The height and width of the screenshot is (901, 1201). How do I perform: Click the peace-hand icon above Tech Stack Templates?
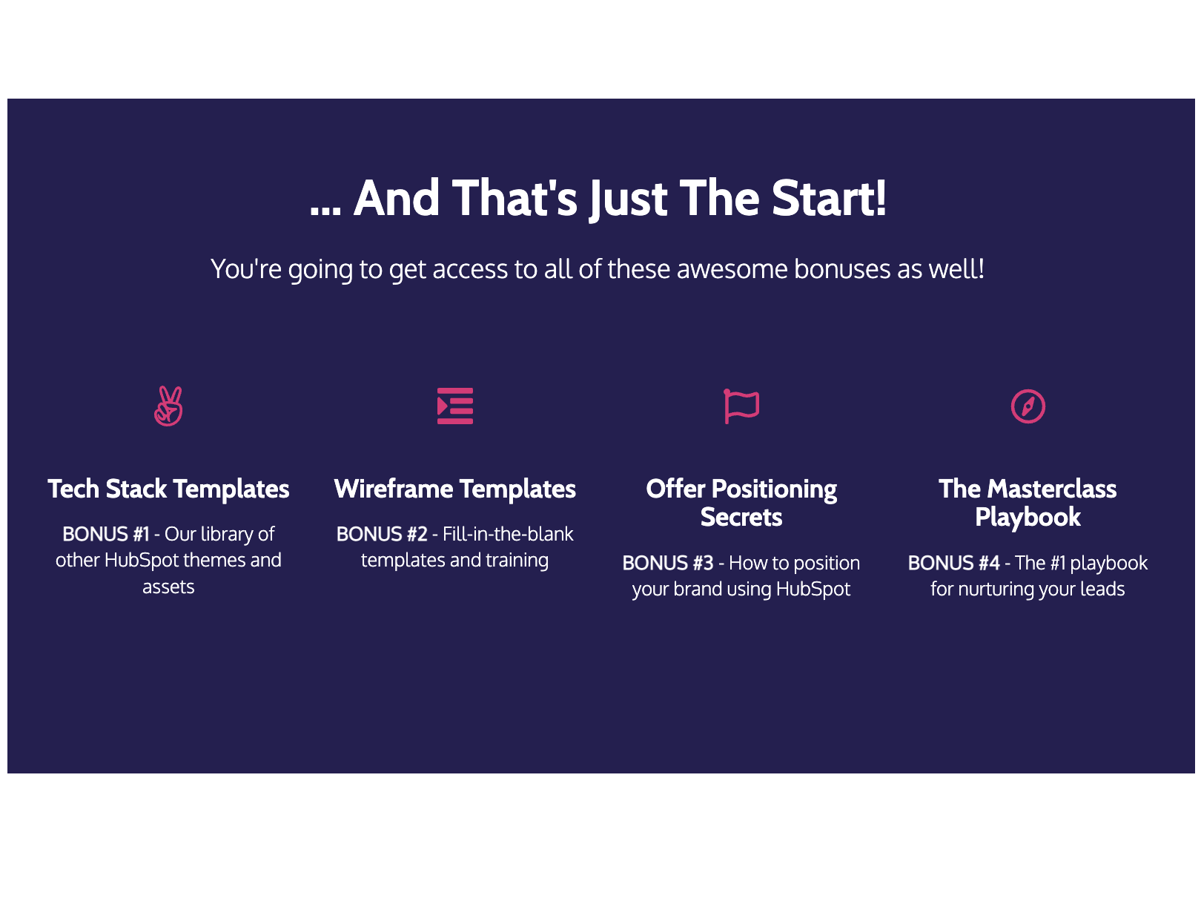168,406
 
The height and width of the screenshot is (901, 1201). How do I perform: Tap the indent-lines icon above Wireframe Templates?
455,406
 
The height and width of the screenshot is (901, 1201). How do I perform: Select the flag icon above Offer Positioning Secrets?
741,406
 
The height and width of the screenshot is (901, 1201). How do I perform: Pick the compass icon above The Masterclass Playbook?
1028,406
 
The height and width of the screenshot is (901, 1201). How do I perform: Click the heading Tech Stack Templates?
168,489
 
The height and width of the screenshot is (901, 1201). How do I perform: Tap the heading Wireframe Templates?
455,489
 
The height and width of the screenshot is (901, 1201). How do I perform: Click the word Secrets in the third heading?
741,518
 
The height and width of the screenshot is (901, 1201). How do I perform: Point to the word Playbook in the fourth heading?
1028,518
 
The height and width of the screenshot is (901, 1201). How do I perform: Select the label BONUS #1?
106,534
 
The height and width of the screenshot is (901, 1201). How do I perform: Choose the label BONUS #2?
382,534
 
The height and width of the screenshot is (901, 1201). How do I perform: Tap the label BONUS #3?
668,563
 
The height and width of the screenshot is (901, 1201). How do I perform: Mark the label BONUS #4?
954,563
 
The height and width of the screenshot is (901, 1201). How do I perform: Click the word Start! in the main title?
829,199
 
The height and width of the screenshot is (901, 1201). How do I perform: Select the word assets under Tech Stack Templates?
168,587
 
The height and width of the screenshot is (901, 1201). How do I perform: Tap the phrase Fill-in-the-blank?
508,534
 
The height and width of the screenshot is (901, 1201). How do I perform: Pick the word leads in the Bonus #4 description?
1102,590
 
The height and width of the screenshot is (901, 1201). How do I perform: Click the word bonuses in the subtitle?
842,269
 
